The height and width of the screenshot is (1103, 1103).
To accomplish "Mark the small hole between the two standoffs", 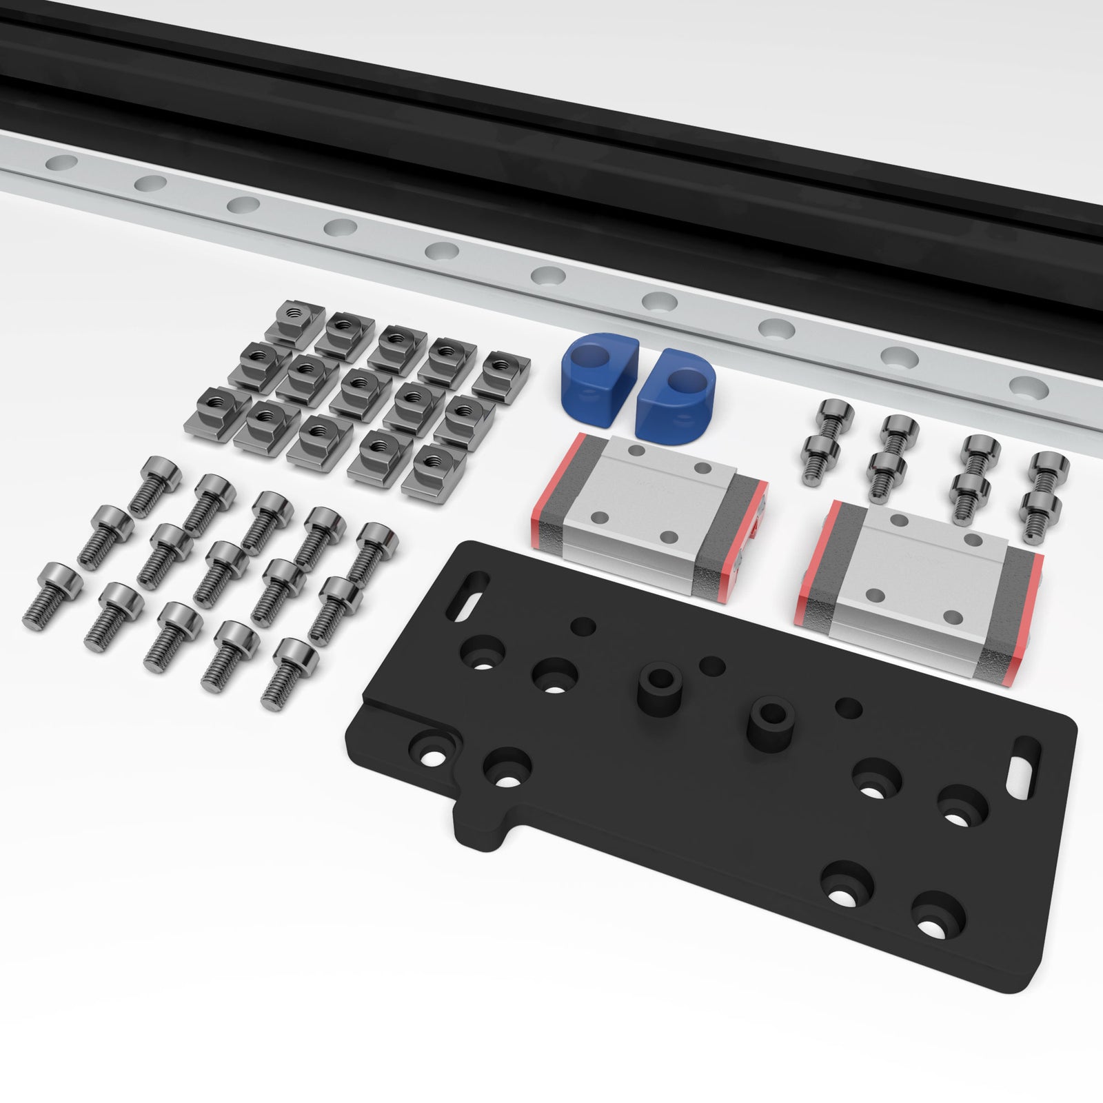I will tap(712, 667).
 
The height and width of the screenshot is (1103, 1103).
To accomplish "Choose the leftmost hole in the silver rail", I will tap(61, 163).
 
